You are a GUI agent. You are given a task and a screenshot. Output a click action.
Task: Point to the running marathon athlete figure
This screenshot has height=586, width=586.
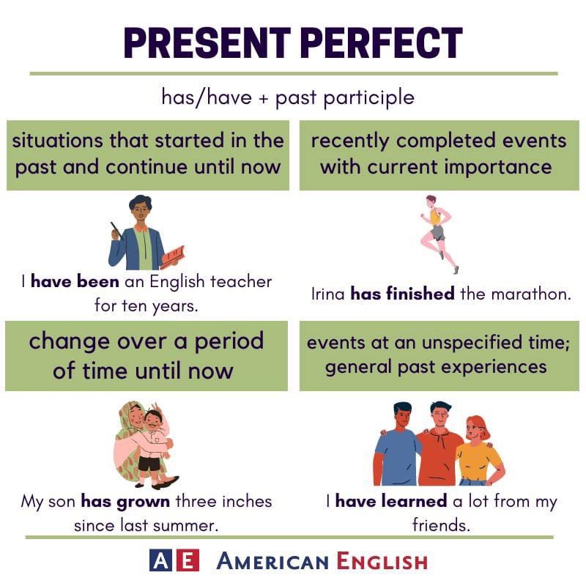pyautogui.click(x=438, y=233)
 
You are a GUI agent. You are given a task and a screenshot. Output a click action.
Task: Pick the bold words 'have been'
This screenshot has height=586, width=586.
pyautogui.click(x=67, y=281)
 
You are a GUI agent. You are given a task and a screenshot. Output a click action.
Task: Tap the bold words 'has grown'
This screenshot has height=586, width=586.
pyautogui.click(x=125, y=502)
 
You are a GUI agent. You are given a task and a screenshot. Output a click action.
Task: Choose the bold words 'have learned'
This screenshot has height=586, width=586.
pyautogui.click(x=390, y=502)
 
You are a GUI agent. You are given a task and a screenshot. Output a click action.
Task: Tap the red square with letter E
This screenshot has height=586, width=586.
pyautogui.click(x=188, y=562)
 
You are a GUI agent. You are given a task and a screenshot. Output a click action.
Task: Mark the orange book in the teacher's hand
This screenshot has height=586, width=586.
pyautogui.click(x=173, y=256)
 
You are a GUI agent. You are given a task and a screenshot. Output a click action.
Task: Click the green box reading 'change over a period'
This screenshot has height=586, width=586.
pyautogui.click(x=146, y=355)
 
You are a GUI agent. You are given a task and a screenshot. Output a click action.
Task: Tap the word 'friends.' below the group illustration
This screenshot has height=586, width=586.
pyautogui.click(x=441, y=525)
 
